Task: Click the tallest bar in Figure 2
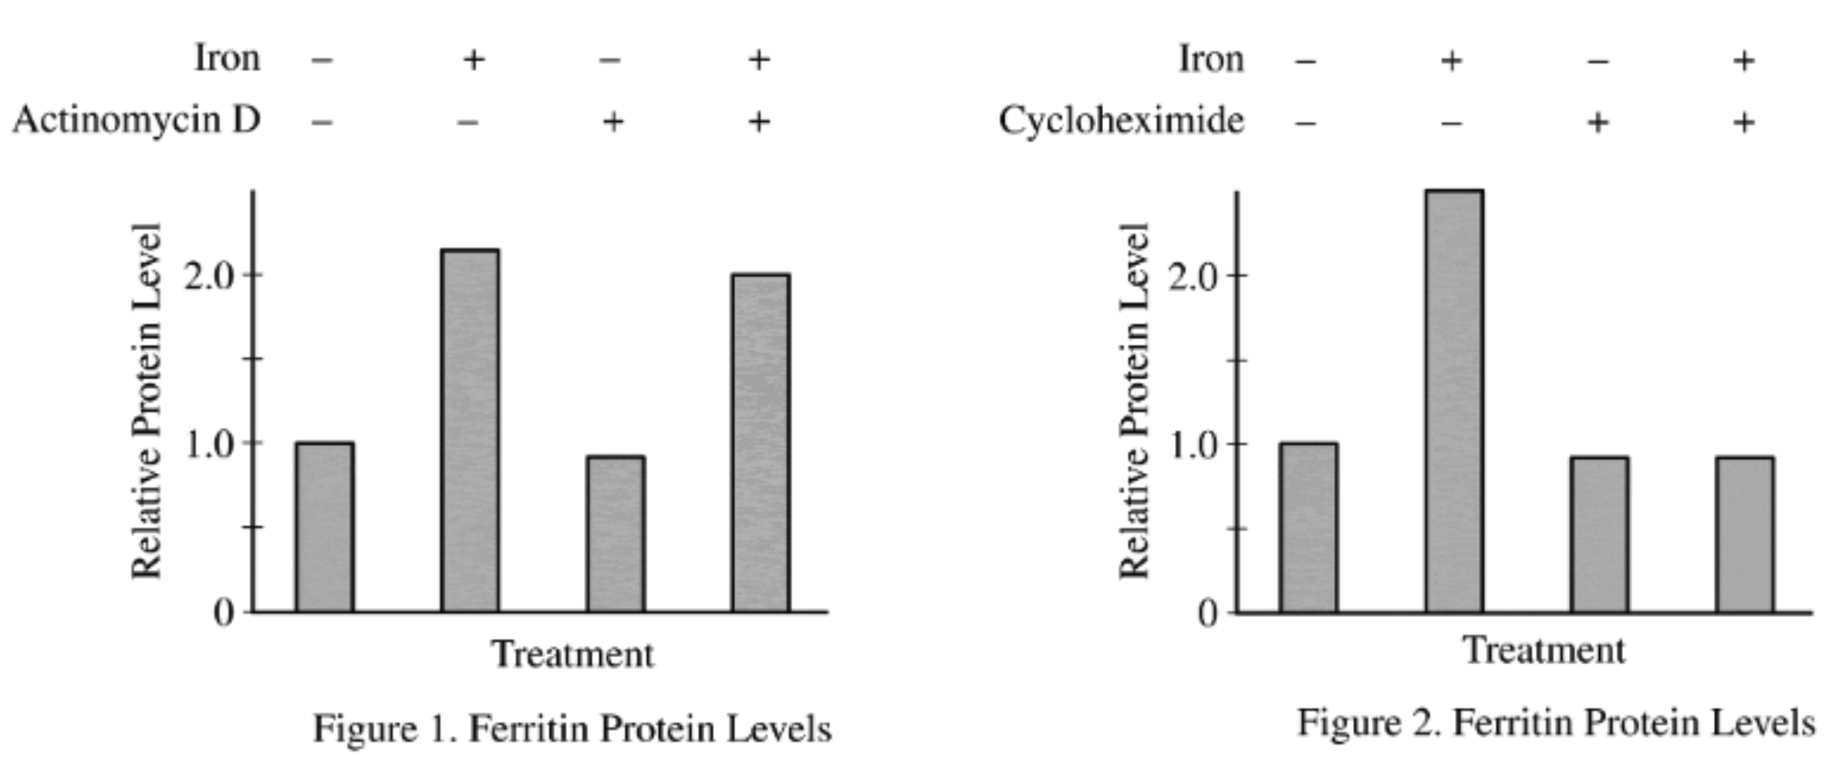(x=1454, y=401)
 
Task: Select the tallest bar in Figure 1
(x=470, y=430)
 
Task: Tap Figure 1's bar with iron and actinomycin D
(x=761, y=443)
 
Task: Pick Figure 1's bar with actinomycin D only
(x=615, y=534)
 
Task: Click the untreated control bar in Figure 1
(x=325, y=527)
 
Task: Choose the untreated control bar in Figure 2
(x=1308, y=527)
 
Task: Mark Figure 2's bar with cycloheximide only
(x=1599, y=535)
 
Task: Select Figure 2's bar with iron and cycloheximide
(x=1745, y=535)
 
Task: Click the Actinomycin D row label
(x=136, y=120)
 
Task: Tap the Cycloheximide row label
(x=1121, y=120)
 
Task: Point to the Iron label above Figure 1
(x=227, y=57)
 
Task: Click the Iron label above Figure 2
(x=1211, y=59)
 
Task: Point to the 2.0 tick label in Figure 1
(x=209, y=276)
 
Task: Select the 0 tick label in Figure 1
(x=224, y=613)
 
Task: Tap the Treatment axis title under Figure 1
(x=572, y=654)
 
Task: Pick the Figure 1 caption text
(x=572, y=729)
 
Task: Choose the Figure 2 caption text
(x=1555, y=723)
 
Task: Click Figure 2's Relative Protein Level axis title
(x=1135, y=401)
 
